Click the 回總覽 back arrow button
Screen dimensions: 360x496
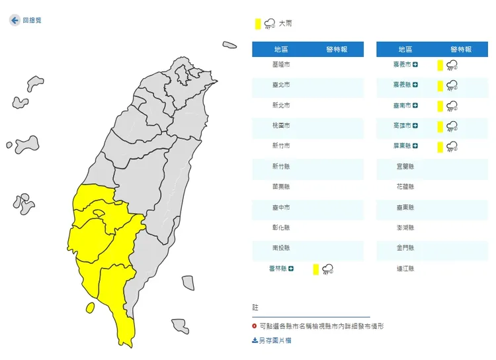point(15,21)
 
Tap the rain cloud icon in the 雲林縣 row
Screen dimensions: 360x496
point(327,269)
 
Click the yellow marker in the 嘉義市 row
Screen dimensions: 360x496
point(439,65)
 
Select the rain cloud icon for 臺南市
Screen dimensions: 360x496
point(452,106)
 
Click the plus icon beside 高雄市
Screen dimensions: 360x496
point(416,126)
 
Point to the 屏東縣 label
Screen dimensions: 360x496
point(402,146)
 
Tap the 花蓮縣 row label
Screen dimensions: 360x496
point(405,187)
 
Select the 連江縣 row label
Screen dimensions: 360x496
point(405,269)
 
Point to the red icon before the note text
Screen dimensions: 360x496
point(255,326)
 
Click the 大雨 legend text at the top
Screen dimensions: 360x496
point(285,24)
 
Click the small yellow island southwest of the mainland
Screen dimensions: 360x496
point(90,308)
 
